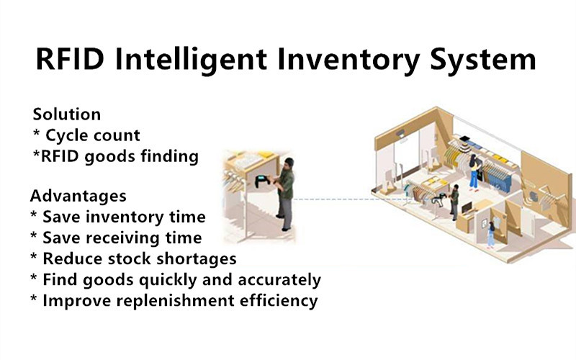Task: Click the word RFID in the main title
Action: coord(70,59)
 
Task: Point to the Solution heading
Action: coord(67,114)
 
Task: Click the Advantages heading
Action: coord(78,196)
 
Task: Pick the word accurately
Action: coord(279,280)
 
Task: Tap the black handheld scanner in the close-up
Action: coord(262,181)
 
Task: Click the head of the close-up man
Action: coord(289,163)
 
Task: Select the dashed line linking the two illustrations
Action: coord(353,199)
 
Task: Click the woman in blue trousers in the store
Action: coord(474,172)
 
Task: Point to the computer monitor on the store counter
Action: coord(467,208)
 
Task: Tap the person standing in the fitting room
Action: coord(491,235)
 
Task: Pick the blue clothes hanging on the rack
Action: coord(500,177)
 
